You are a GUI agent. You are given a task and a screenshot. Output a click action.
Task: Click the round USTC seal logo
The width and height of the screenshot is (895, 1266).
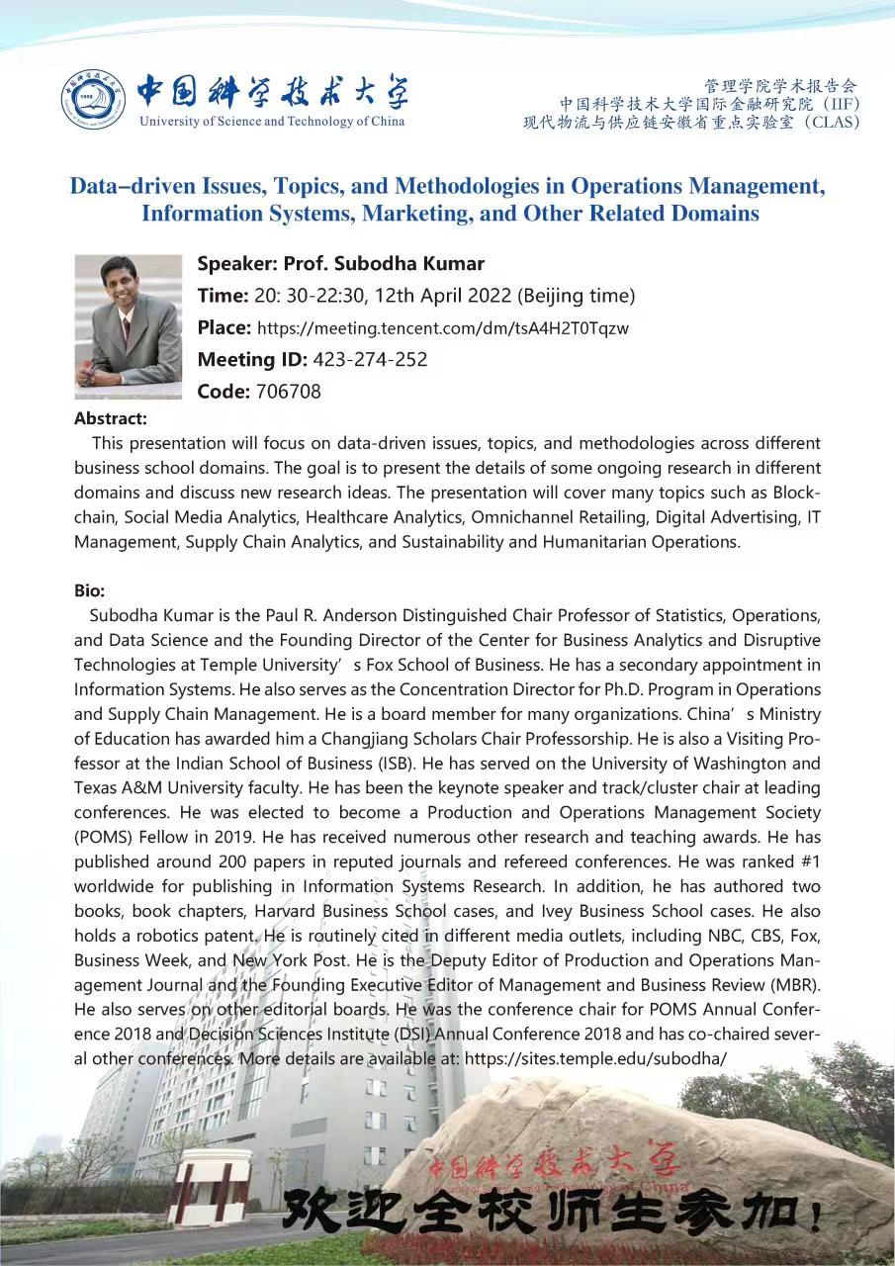(x=94, y=100)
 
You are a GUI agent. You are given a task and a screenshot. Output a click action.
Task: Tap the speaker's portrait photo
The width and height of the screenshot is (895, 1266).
(x=129, y=326)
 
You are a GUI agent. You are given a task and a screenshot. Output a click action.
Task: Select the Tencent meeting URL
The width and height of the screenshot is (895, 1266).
(x=443, y=328)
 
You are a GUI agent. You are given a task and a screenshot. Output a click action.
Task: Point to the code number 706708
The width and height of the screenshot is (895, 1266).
(x=288, y=391)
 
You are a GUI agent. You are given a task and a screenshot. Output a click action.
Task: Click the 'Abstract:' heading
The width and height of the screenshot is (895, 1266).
(x=111, y=418)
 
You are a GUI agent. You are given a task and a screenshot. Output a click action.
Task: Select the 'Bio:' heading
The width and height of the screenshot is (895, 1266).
(x=89, y=590)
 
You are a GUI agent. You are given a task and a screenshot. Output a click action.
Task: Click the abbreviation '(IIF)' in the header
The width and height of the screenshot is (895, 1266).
(x=841, y=103)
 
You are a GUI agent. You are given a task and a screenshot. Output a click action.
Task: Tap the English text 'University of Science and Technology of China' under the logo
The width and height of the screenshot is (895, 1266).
(x=272, y=122)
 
